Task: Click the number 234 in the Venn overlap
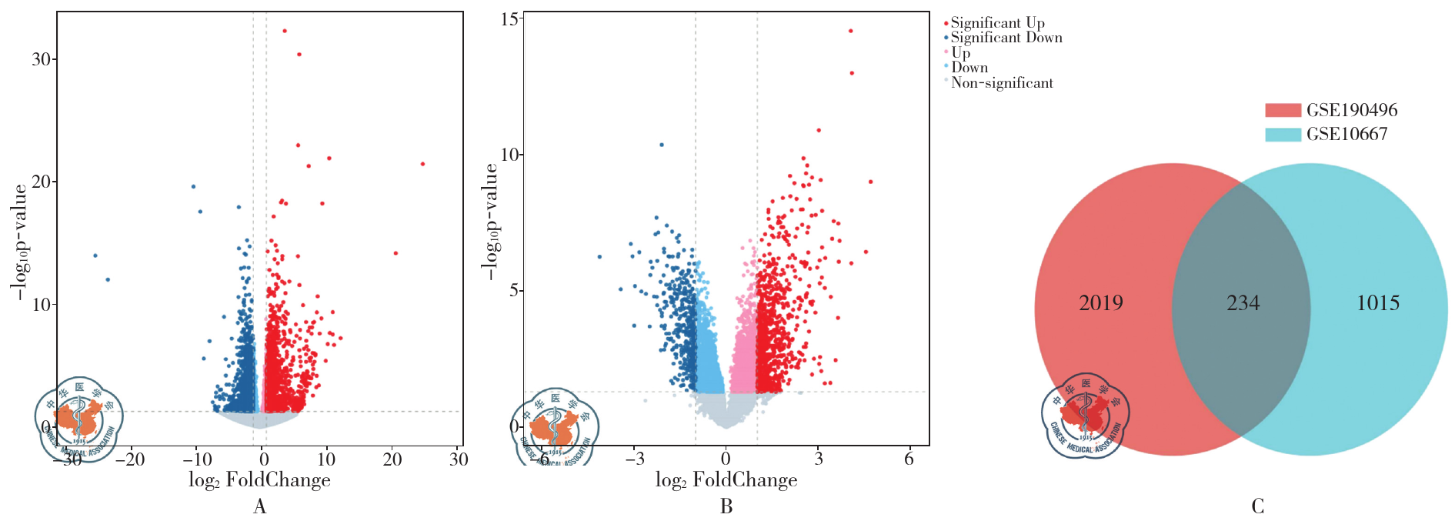click(x=1243, y=303)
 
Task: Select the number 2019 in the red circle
click(x=1100, y=303)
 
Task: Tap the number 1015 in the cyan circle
click(x=1377, y=303)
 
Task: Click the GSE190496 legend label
click(x=1351, y=110)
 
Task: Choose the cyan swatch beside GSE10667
click(x=1283, y=134)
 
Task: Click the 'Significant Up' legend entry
click(x=997, y=23)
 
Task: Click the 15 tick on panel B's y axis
click(x=509, y=18)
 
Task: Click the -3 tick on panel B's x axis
click(x=634, y=459)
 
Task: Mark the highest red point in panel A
click(x=285, y=31)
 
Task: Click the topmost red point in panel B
click(x=850, y=31)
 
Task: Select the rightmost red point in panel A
click(x=422, y=164)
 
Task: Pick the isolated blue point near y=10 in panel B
click(x=661, y=145)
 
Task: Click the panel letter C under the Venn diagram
click(x=1257, y=506)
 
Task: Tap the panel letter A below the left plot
click(x=259, y=506)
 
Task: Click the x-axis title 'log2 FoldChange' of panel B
click(x=726, y=481)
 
